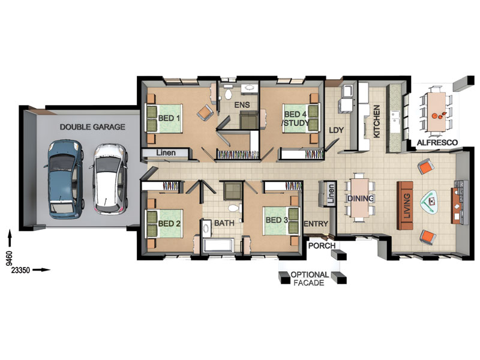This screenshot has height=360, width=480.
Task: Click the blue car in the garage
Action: pos(65,179)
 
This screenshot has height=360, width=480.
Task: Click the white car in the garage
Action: pos(109,179)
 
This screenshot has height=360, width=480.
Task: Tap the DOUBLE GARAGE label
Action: pos(92,127)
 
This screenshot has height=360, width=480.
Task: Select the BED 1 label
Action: pos(169,118)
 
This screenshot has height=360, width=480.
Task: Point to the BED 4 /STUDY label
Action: pos(295,119)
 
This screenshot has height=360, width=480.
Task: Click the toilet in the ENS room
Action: pos(228,93)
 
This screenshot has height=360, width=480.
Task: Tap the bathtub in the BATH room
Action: pos(218,246)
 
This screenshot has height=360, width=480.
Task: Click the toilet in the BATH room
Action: pos(234,208)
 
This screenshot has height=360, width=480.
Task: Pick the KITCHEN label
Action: pos(377,121)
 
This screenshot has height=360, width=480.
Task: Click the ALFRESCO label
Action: pos(437,142)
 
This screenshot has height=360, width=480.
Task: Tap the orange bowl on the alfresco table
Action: pos(434,116)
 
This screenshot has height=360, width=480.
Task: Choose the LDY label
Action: pos(336,130)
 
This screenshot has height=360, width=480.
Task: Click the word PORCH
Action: pos(322,245)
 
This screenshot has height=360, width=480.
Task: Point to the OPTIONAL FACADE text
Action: pos(310,278)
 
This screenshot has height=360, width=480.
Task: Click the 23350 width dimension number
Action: pos(20,271)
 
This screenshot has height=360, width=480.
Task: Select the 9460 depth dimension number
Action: pos(10,258)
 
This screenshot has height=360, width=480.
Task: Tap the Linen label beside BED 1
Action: pos(166,152)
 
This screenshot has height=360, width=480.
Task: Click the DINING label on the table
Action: pos(361,199)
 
